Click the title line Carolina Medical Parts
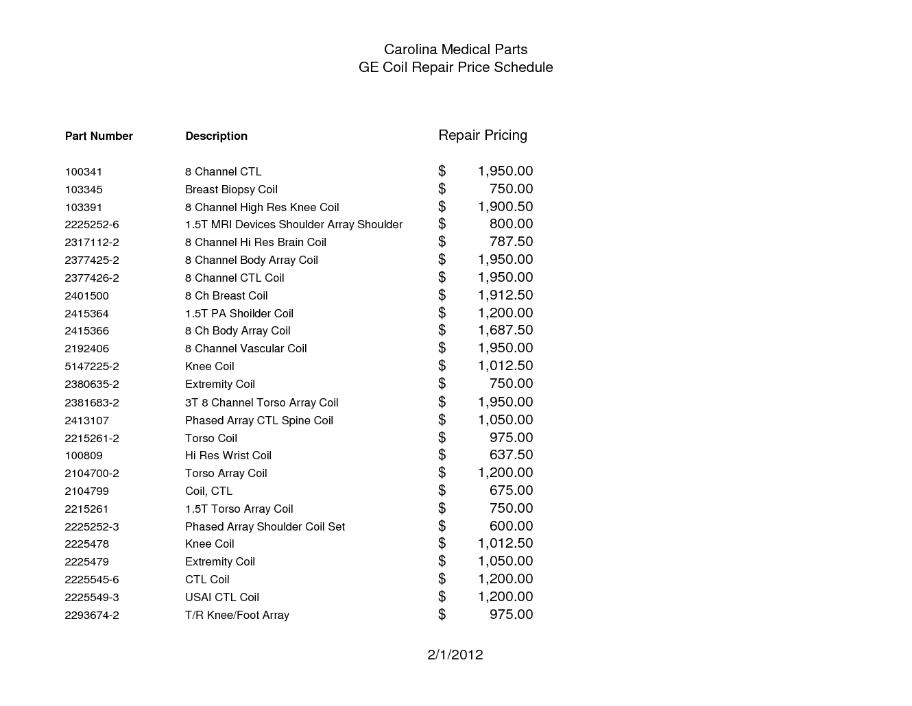coord(455,49)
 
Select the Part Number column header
coord(99,136)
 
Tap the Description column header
coord(216,136)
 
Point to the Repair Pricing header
coord(483,135)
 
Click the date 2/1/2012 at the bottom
coord(455,655)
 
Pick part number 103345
coord(84,189)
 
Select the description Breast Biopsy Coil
coord(231,189)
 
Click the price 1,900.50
coord(505,206)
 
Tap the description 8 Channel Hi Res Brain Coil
coord(256,242)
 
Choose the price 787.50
coord(511,241)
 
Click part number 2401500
coord(86,295)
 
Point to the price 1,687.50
coord(505,330)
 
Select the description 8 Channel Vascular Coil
coord(245,348)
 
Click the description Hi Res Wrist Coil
coord(228,455)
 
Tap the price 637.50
coord(511,454)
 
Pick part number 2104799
coord(86,491)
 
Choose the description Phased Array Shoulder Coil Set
coord(265,526)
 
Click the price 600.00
coord(511,526)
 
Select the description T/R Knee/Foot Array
coord(237,615)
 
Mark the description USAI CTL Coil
coord(222,597)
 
